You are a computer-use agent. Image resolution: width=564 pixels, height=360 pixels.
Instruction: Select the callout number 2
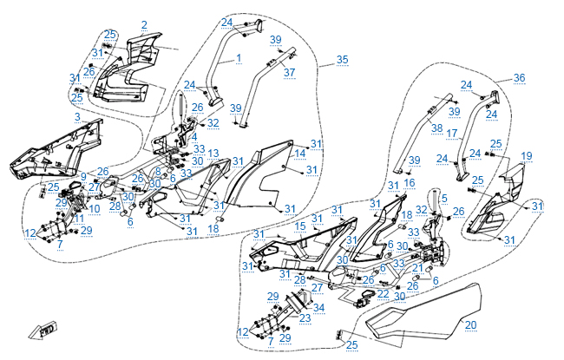point(144,24)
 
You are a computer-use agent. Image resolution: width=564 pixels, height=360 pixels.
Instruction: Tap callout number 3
point(77,116)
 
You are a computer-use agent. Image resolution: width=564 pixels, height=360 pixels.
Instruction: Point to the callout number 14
point(299,153)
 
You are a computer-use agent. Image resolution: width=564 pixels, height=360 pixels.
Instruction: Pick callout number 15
point(300,226)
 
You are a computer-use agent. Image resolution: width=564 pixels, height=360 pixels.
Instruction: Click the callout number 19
point(526,156)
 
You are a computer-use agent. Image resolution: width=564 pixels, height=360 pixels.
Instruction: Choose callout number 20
point(469,325)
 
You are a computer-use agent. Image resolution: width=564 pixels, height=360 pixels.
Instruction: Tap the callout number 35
point(342,59)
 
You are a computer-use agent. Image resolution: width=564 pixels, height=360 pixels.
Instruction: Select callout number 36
point(520,78)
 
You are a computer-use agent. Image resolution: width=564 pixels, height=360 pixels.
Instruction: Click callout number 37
point(290,72)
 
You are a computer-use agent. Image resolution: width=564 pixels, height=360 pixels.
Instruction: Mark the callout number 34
point(318,308)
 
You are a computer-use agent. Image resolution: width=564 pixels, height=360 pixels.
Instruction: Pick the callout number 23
point(305,318)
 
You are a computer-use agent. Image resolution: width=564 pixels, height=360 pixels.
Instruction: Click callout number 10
point(95,209)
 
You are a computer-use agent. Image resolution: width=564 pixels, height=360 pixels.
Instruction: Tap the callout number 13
point(213,153)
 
